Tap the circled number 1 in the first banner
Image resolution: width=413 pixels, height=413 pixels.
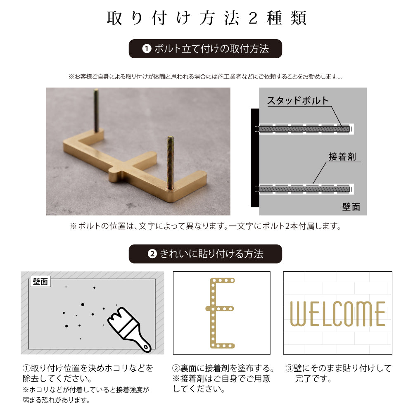click(x=146, y=49)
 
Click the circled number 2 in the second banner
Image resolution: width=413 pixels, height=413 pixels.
click(x=152, y=254)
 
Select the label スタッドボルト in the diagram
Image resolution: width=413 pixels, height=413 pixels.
click(x=297, y=100)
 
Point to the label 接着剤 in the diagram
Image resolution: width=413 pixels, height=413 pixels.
click(x=342, y=157)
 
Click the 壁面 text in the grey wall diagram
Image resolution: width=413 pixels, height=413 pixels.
click(x=351, y=206)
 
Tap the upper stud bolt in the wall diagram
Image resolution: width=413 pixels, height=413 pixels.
click(x=304, y=129)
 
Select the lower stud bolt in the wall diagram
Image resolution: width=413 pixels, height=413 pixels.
click(x=304, y=190)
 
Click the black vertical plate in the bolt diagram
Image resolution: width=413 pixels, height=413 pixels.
click(x=255, y=158)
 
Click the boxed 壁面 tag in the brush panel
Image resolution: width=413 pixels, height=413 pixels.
click(x=40, y=282)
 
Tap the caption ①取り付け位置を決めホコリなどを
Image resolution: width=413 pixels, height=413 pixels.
click(x=88, y=368)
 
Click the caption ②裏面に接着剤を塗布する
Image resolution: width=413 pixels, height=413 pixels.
click(x=223, y=368)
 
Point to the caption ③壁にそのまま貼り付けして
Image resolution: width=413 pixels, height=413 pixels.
click(x=338, y=368)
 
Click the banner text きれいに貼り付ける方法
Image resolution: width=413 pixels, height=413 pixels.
click(x=211, y=254)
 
